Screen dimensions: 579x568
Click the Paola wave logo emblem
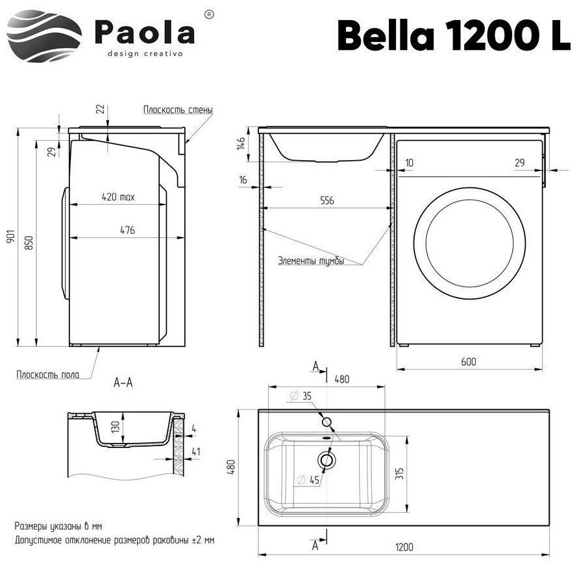44,36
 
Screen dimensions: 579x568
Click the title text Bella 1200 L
454,36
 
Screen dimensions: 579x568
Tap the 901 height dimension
10,236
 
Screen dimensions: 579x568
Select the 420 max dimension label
118,197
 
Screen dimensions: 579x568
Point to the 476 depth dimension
127,231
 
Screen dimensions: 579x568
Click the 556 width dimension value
326,201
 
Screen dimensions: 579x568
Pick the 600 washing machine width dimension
469,362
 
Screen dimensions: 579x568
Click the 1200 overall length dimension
404,547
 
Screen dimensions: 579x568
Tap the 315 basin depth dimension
400,473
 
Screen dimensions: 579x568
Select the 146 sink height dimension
241,143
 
